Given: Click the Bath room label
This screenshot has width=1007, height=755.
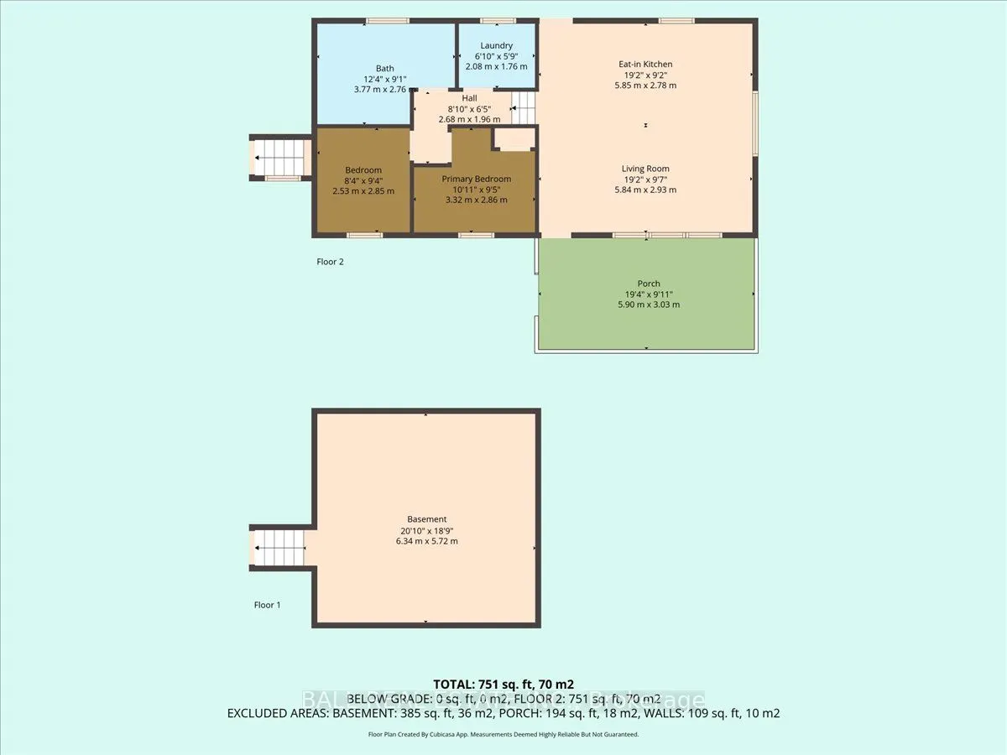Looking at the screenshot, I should pos(384,69).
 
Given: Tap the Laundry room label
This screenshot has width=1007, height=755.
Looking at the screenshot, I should pos(496,45).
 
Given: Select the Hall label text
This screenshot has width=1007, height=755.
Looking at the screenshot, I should pos(457,98).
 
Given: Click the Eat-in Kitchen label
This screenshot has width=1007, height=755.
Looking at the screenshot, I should pos(645,64).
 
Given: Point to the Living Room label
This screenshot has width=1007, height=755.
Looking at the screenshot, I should pos(645,169).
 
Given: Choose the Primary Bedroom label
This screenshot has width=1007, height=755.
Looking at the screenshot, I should pos(476,179).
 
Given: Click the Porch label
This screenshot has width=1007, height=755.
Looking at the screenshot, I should pos(648,284).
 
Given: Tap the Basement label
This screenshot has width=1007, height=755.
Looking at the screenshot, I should pos(428,519).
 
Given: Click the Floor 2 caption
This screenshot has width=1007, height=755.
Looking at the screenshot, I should pos(330,262).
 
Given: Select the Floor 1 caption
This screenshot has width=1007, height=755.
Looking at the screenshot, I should pos(268,604).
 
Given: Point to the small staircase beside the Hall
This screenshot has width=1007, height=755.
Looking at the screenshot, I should pos(524,107).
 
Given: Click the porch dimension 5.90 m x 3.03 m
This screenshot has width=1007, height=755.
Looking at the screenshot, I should pos(648,305).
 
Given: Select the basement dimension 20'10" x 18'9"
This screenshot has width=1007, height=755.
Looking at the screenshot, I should pos(428,530).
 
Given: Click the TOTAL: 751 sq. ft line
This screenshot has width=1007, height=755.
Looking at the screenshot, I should pos(503,684).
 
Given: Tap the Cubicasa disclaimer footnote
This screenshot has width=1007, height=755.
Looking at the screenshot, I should pos(503,734).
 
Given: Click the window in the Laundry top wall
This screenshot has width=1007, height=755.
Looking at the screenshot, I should pos(498,20).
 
